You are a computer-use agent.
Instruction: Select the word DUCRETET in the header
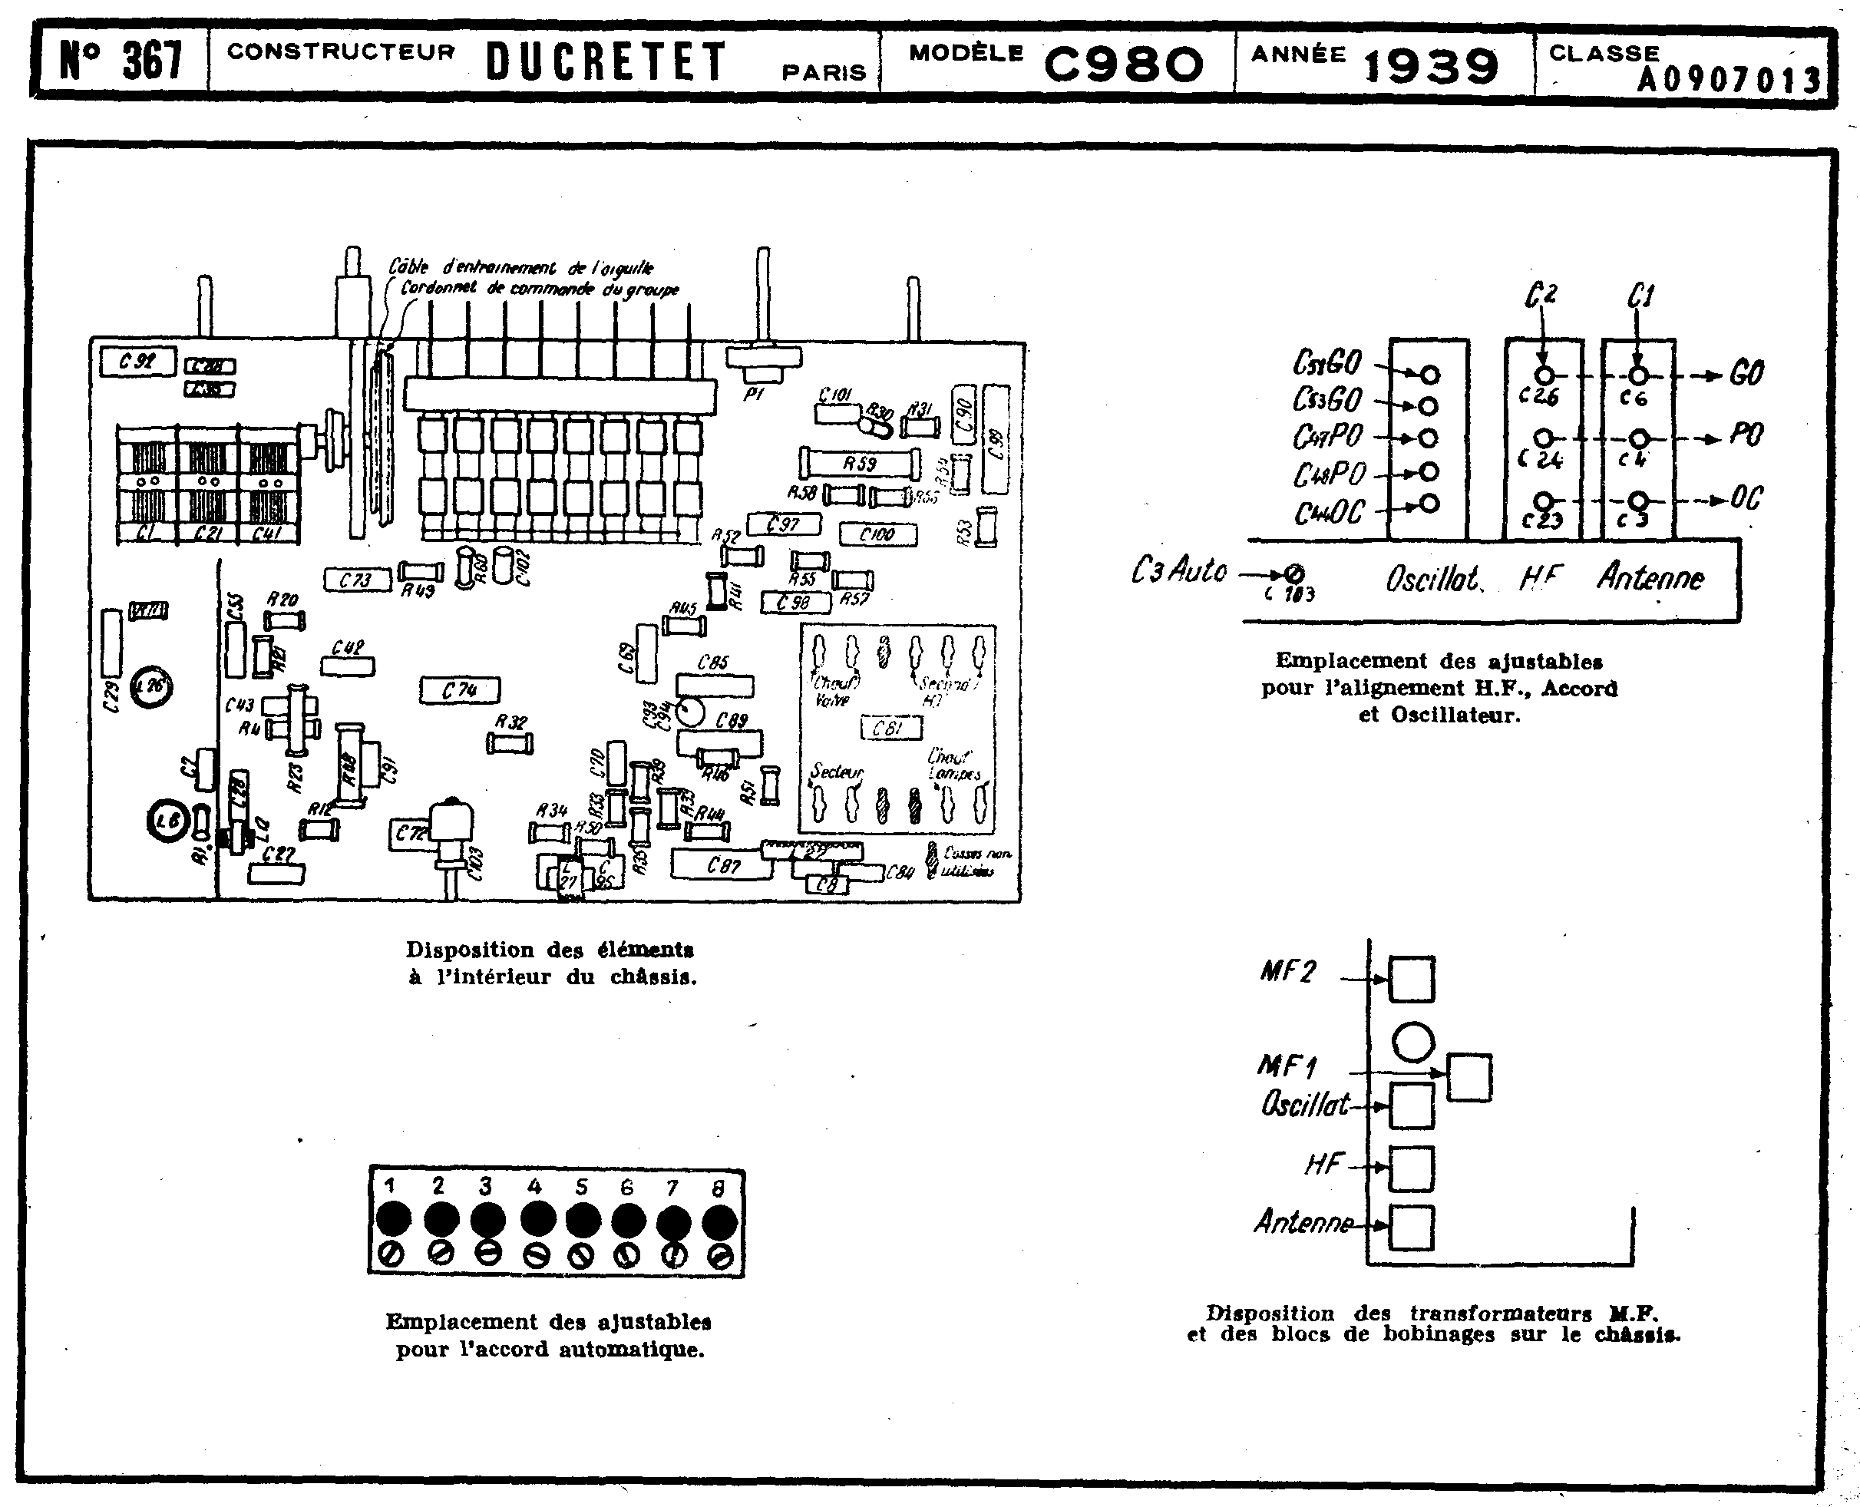[605, 62]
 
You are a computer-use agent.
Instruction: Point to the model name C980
[1123, 64]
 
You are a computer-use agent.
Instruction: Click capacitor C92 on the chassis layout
[137, 361]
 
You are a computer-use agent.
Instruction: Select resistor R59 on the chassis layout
[859, 464]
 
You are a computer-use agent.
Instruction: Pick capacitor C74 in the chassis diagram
[460, 691]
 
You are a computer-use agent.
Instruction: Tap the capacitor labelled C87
[722, 864]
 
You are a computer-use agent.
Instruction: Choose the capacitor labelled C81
[887, 728]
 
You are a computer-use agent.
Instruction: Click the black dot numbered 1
[393, 1219]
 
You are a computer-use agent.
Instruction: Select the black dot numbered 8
[719, 1222]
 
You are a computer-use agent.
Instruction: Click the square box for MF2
[1411, 979]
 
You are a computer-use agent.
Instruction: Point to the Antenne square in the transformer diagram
[1411, 1228]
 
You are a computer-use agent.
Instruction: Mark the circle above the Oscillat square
[1412, 1042]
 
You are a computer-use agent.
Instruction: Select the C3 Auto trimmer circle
[1295, 573]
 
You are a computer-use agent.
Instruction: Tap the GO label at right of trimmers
[1746, 373]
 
